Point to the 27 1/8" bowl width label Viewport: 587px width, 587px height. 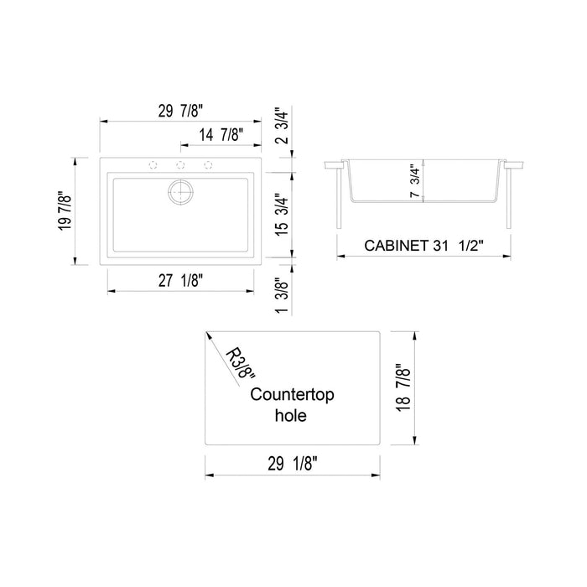[179, 281]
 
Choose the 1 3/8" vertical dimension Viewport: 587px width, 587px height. [283, 298]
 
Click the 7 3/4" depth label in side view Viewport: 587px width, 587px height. [413, 180]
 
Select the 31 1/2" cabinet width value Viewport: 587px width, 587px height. [462, 247]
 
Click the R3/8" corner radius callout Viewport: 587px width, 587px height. [242, 366]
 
